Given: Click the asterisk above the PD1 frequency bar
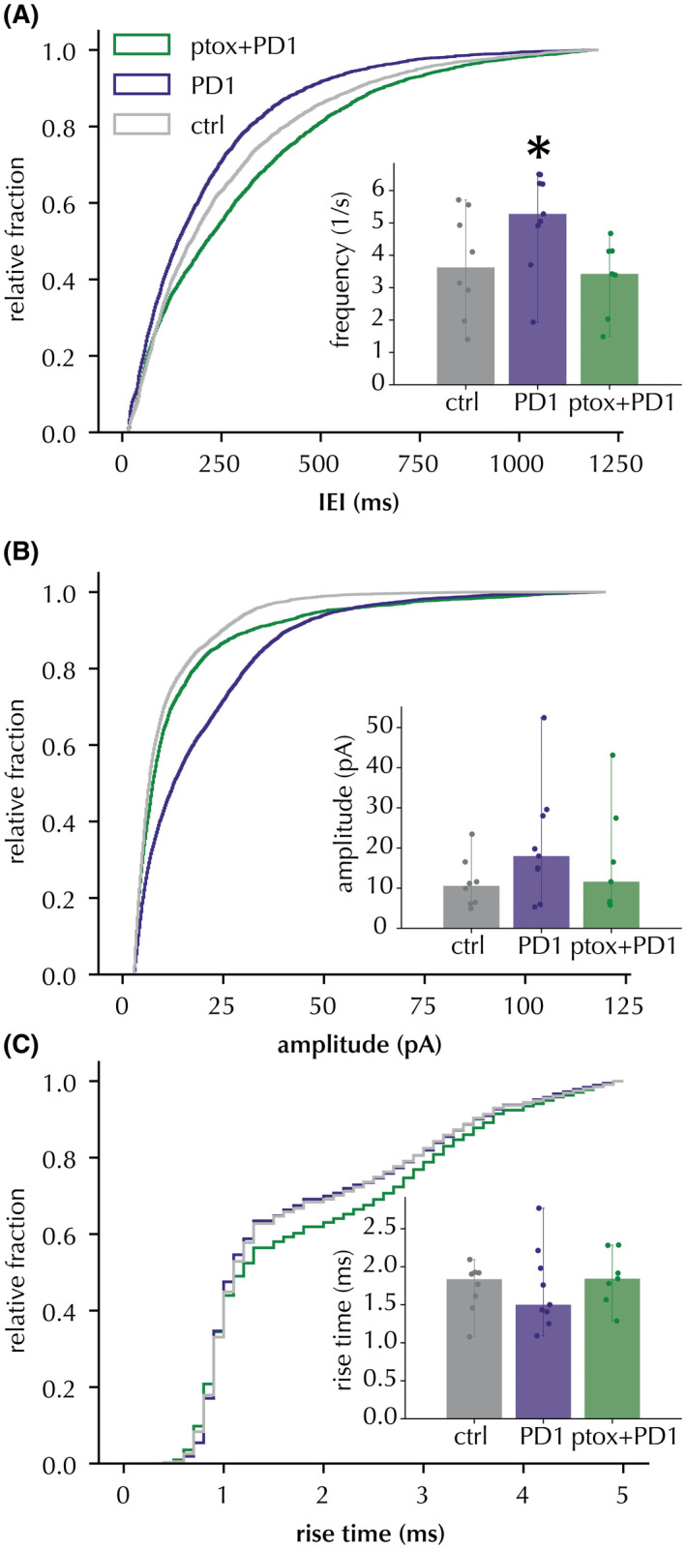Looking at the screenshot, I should pos(540,149).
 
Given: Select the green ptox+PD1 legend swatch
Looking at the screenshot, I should pos(141,45).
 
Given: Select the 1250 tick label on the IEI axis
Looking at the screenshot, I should pos(615,463).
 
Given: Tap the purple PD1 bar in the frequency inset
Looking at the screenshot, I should pos(538,300).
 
